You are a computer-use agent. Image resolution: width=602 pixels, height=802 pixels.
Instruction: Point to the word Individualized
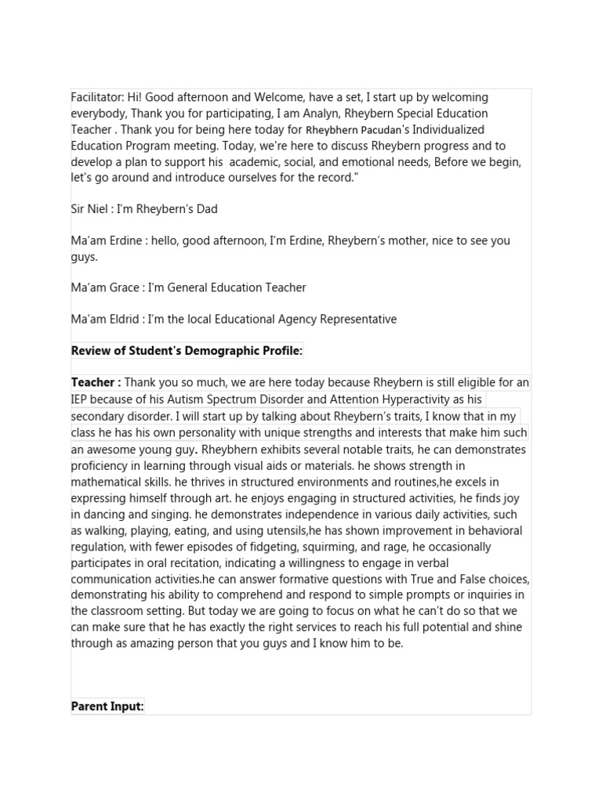[448, 130]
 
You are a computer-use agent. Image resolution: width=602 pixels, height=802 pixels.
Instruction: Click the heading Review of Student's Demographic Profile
[187, 351]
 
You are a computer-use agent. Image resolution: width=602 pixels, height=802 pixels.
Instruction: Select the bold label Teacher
[93, 383]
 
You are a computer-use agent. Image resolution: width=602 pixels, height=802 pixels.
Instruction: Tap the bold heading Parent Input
[107, 706]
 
